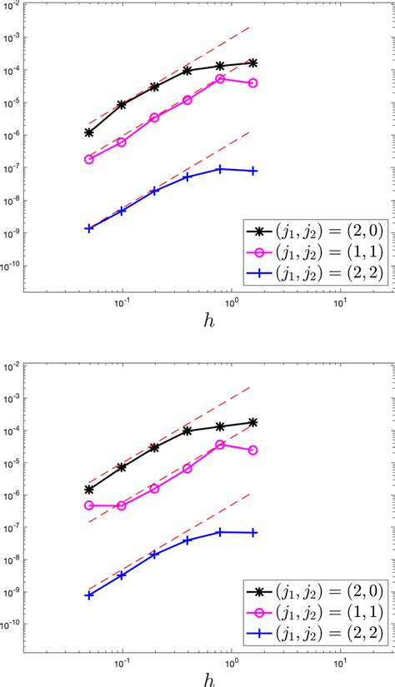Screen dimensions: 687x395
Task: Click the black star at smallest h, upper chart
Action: pyautogui.click(x=89, y=132)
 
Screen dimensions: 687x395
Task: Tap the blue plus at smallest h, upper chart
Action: pyautogui.click(x=89, y=227)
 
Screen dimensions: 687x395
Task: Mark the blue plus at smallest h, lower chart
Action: pyautogui.click(x=89, y=595)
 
